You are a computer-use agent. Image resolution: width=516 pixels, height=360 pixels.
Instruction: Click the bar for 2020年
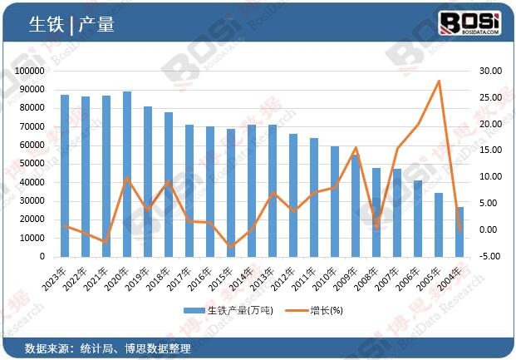pos(127,175)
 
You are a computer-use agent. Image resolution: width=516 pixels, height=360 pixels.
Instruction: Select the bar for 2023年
pos(65,176)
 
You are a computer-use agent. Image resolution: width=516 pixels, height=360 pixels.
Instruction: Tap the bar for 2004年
pos(460,232)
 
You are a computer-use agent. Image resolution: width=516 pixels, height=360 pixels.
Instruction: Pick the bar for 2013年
pos(273,191)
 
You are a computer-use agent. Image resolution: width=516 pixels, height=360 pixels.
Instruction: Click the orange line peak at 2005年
pos(439,81)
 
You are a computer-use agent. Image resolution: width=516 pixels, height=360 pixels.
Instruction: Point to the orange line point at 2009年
pos(356,148)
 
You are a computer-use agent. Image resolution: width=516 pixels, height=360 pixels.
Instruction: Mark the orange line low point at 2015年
pos(231,247)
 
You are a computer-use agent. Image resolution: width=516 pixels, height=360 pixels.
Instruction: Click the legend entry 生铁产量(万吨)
pos(233,311)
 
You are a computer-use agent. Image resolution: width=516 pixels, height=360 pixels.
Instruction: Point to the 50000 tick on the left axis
pos(32,165)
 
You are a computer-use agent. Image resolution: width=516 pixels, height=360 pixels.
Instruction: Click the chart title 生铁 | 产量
pos(71,25)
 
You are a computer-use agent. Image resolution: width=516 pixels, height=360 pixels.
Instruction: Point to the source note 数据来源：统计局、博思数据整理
pos(108,348)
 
